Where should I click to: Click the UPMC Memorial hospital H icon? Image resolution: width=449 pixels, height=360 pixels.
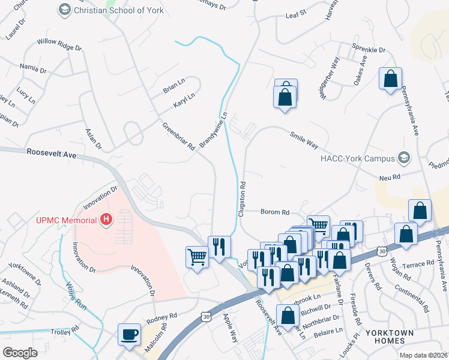(106, 220)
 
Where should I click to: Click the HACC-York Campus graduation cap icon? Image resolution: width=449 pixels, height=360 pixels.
(405, 158)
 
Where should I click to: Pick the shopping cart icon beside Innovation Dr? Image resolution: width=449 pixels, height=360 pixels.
(197, 257)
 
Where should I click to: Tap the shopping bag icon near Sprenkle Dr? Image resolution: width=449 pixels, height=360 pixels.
(391, 79)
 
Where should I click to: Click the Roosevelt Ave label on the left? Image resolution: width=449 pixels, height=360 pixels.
(52, 154)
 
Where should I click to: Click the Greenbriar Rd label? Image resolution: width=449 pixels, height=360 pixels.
(179, 137)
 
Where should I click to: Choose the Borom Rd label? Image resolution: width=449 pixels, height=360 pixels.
(275, 212)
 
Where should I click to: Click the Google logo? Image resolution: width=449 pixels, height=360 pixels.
(20, 353)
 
